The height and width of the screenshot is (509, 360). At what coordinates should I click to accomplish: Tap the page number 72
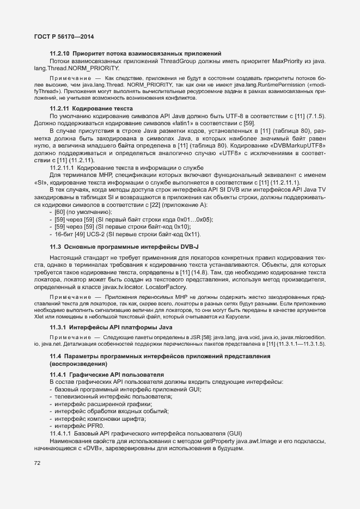(x=38, y=463)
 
